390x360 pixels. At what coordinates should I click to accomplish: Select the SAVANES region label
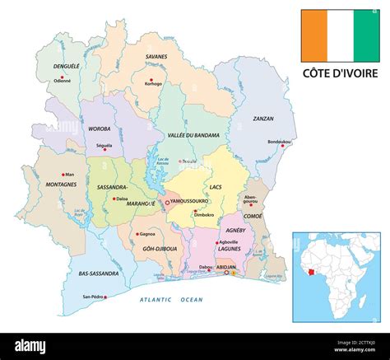pos(156,56)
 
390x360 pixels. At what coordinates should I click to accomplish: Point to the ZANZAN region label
pos(263,118)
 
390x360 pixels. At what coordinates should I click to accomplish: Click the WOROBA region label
pos(100,129)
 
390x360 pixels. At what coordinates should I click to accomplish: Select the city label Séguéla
pos(104,146)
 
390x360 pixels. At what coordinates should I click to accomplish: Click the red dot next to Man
pos(63,175)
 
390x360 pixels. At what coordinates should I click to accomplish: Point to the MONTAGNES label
pos(61,185)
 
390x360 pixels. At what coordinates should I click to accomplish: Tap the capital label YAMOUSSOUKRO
pos(189,201)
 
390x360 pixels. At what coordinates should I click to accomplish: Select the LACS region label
pos(216,188)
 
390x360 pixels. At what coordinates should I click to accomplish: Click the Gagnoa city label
pos(148,234)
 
